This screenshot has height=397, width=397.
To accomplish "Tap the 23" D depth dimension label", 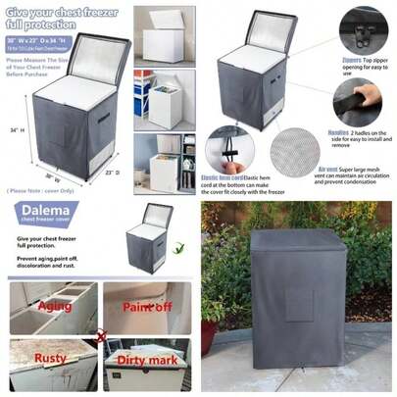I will [x=110, y=174].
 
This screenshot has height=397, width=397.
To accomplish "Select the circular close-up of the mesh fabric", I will [x=298, y=151].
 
